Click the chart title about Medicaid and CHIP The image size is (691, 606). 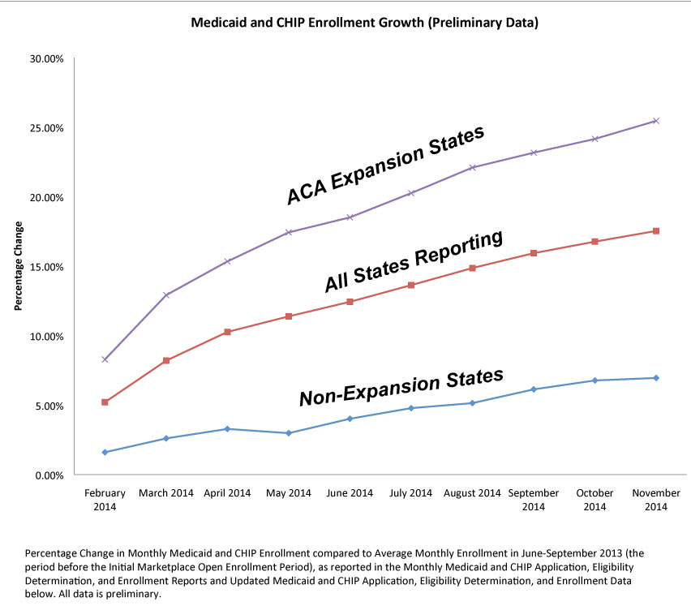point(364,23)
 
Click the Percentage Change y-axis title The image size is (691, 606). point(19,267)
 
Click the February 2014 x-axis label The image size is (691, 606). point(105,500)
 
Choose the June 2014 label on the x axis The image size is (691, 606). point(350,493)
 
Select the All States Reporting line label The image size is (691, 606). point(414,260)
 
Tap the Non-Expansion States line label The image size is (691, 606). point(401,386)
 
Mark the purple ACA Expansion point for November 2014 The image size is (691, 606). point(655,121)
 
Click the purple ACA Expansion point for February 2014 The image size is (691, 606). point(105,359)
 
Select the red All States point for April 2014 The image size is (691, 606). point(227,332)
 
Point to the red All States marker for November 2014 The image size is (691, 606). point(655,231)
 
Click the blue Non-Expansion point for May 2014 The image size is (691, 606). point(289,433)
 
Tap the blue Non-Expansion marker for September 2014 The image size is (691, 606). point(533,389)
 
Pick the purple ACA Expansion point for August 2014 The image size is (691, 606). point(472,168)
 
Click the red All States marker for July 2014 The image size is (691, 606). point(411,285)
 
